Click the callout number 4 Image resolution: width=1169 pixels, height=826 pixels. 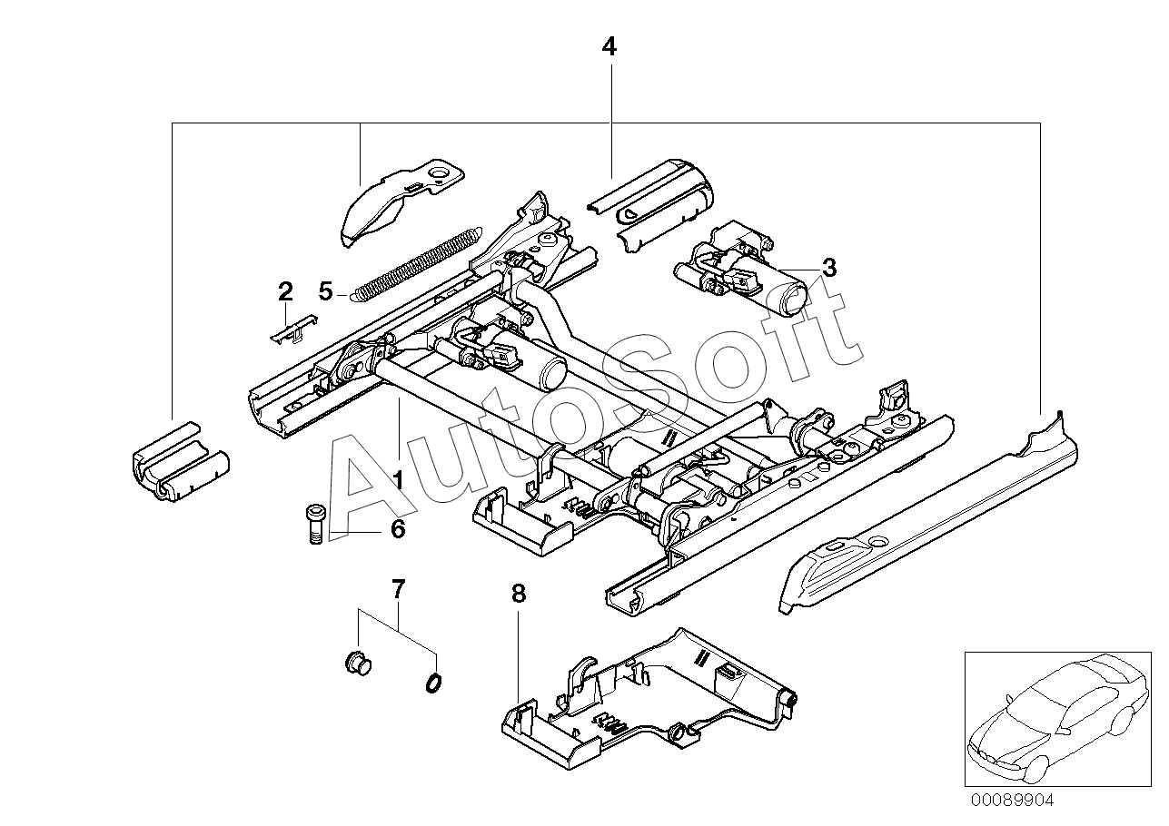(x=609, y=47)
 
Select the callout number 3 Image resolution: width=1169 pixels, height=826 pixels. (x=827, y=268)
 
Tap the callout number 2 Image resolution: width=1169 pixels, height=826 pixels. (x=285, y=291)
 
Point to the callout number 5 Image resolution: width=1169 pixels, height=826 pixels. (x=326, y=291)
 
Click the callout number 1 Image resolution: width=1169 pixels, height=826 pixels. (x=398, y=478)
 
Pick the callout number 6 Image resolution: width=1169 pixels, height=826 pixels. (x=397, y=529)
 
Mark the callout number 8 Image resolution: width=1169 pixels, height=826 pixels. (x=518, y=594)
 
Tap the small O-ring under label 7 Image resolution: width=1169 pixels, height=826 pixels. (x=432, y=681)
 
